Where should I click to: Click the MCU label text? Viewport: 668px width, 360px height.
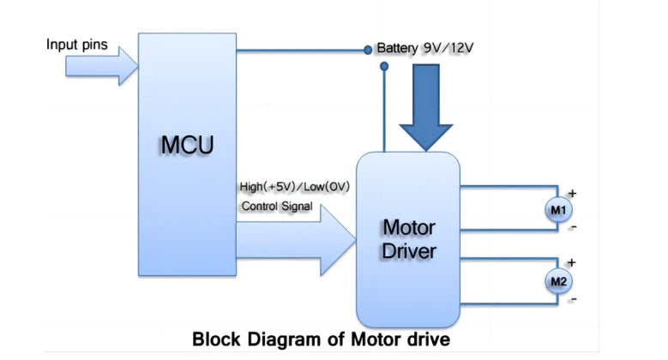[x=186, y=145]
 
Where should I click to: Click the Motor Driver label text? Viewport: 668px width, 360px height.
[x=408, y=239]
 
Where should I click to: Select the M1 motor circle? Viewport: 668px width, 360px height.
[x=558, y=209]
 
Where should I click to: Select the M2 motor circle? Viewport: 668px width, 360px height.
[x=559, y=279]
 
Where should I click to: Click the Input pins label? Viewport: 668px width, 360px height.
[x=77, y=45]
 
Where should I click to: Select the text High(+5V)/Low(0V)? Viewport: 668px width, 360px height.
[x=295, y=186]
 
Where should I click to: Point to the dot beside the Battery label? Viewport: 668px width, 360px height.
[x=368, y=50]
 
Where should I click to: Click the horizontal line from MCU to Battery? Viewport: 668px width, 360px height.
[x=300, y=50]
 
